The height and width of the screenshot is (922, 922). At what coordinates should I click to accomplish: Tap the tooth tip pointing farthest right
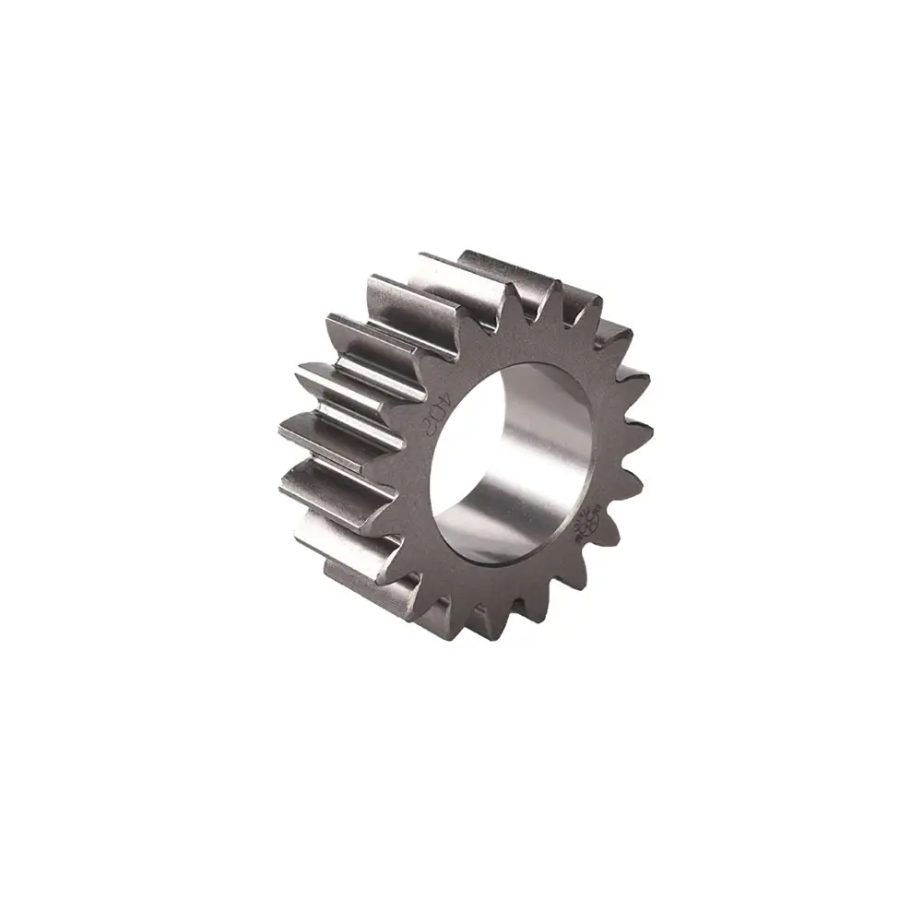651,429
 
